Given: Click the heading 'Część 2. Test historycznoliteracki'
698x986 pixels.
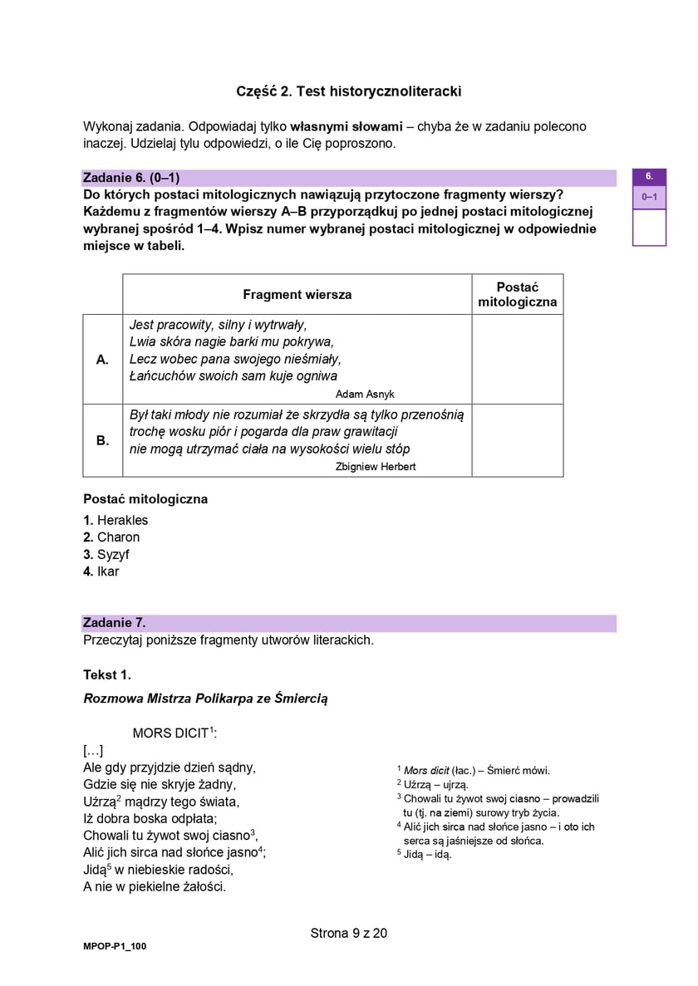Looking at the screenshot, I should tap(348, 91).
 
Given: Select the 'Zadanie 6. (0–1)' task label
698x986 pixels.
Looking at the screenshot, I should tap(131, 178).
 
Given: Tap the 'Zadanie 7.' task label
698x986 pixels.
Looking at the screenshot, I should tap(115, 623).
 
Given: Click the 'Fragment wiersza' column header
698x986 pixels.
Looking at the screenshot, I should tap(297, 295).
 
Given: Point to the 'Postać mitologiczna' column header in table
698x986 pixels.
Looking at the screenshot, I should tap(517, 295).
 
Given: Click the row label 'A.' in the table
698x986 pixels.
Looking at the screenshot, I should tap(103, 360).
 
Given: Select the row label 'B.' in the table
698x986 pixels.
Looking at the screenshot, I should tap(103, 440).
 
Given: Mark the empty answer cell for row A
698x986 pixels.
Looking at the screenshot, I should tap(517, 360).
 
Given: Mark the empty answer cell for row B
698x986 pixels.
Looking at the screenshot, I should tap(517, 440).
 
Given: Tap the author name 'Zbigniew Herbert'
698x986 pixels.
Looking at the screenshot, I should tap(375, 467).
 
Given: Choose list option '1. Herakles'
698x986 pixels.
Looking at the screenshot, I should tap(116, 520).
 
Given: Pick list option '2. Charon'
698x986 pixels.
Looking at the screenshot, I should tap(111, 537).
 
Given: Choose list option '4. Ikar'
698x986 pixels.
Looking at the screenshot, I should tap(101, 572).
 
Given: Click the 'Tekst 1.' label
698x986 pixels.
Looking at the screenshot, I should tap(107, 675).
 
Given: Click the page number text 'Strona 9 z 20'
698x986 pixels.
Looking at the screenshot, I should tap(348, 933).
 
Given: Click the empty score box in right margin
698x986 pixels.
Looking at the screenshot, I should tap(649, 228).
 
